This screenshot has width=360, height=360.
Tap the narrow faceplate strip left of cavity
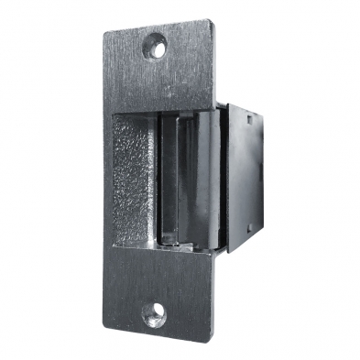click(x=107, y=183)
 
